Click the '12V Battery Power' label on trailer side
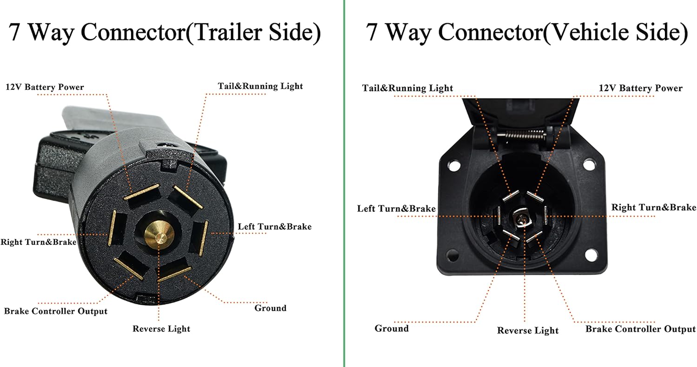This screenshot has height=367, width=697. click(45, 87)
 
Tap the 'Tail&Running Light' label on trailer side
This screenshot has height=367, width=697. click(260, 86)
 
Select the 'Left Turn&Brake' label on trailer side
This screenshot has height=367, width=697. click(275, 227)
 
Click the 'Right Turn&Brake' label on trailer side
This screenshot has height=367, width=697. click(39, 242)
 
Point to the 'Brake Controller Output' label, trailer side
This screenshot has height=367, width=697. click(56, 311)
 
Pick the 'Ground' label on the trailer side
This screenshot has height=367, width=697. click(270, 308)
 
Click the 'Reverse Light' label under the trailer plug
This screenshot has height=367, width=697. click(161, 329)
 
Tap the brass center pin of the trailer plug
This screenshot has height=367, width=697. click(156, 235)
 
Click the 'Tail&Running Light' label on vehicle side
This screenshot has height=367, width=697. click(408, 88)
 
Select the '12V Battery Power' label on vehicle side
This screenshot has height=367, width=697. click(641, 88)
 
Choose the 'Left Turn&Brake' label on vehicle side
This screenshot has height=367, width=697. click(396, 209)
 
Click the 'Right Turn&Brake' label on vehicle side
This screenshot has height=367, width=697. click(653, 207)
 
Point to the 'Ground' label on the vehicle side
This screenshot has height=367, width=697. click(392, 328)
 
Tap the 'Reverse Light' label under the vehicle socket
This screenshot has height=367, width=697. click(528, 331)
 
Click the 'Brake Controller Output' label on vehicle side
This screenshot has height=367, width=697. click(640, 329)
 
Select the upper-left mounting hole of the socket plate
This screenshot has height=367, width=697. click(454, 165)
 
